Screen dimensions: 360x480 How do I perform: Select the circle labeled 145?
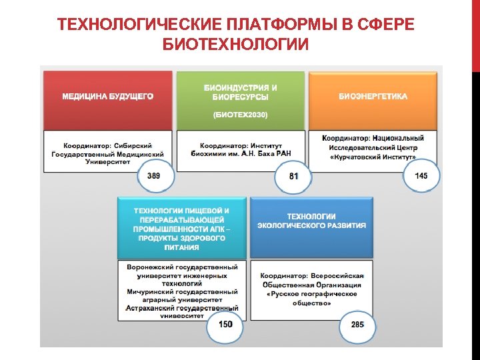(x=421, y=176)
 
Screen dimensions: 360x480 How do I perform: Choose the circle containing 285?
(x=357, y=325)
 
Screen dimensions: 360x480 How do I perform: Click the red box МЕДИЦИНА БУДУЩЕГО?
(x=107, y=97)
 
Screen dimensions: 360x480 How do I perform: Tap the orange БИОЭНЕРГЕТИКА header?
(x=373, y=97)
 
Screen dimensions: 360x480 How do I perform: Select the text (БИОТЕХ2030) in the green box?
(x=240, y=115)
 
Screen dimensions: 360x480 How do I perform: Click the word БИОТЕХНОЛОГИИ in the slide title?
(x=236, y=45)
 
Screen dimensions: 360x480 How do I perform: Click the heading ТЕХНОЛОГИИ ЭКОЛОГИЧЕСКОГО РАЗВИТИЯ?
(x=311, y=221)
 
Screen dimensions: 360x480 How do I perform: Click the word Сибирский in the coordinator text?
(x=133, y=145)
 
